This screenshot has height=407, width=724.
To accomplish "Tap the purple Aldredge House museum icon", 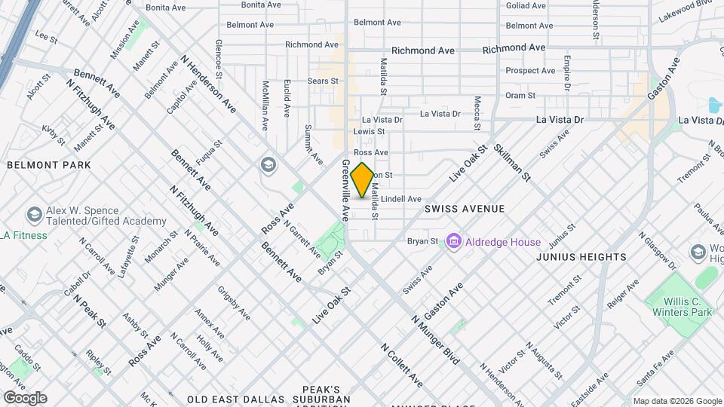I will pos(454,242).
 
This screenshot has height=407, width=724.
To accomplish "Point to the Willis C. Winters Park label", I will pos(677,305).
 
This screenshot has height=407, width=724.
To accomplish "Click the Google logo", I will pos(24,398).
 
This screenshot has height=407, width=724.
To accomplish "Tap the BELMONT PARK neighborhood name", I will pos(49,165).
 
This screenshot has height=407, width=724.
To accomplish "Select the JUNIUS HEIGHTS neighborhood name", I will pos(581,257).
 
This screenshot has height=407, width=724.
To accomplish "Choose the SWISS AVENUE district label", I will pos(464,207).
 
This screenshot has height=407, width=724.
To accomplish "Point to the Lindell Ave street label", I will pos(400,199).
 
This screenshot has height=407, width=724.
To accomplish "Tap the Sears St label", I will pos(323,81).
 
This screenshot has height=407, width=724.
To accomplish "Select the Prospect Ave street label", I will pos(530,71).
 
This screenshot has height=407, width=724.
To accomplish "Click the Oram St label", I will pos(520,96).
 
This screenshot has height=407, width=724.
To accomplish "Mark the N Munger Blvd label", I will pos(436,340).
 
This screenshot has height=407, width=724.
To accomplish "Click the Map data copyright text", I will pos(676,401).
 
